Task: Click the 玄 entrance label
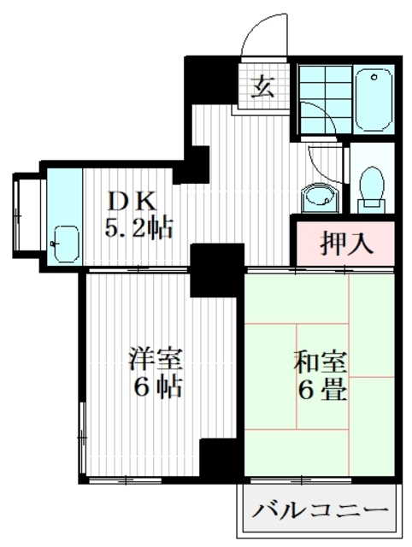pos(263,86)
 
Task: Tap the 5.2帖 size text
pos(139,227)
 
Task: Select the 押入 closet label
pos(346,243)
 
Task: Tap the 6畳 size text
pos(321,391)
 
